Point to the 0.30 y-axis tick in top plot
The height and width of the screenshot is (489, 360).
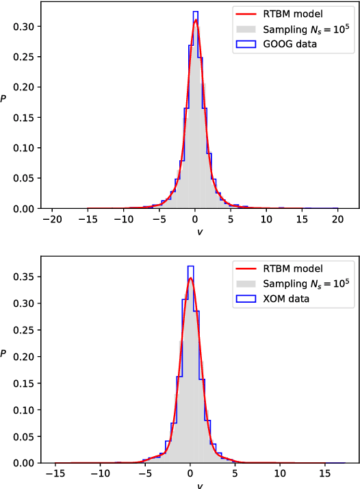point(26,26)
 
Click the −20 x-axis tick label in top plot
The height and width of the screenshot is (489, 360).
point(52,220)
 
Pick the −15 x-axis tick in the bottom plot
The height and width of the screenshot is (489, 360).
point(55,474)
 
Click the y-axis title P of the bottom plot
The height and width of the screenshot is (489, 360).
point(5,353)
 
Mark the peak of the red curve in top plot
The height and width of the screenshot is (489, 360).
point(196,20)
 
